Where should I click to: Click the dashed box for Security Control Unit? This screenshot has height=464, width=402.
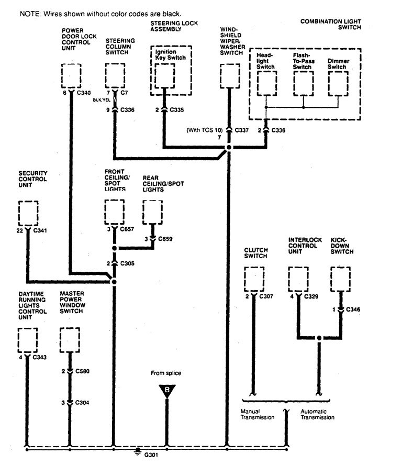click(x=27, y=213)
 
